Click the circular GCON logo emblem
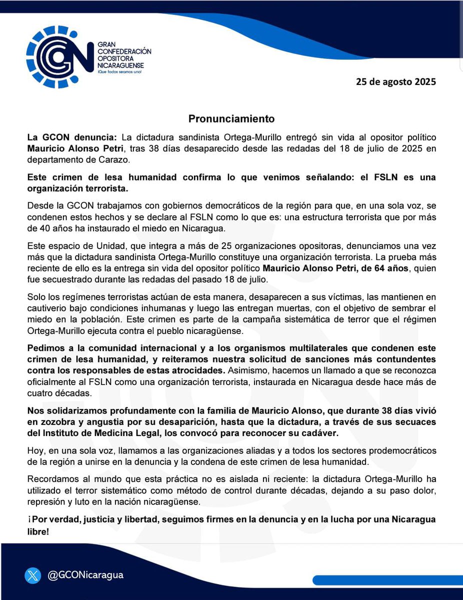(59, 56)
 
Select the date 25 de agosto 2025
(395, 81)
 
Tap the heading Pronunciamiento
(231, 118)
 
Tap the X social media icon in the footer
(32, 575)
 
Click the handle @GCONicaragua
(85, 575)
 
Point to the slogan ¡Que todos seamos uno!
(120, 73)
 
